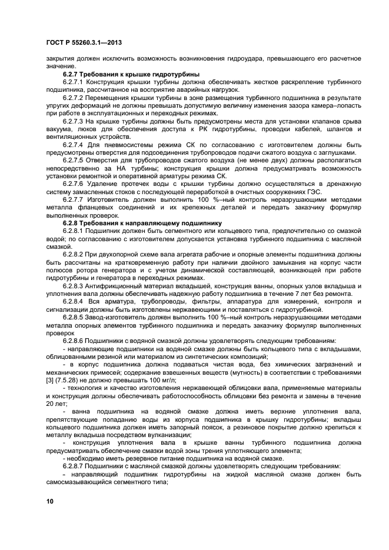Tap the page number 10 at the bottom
tap(51, 501)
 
